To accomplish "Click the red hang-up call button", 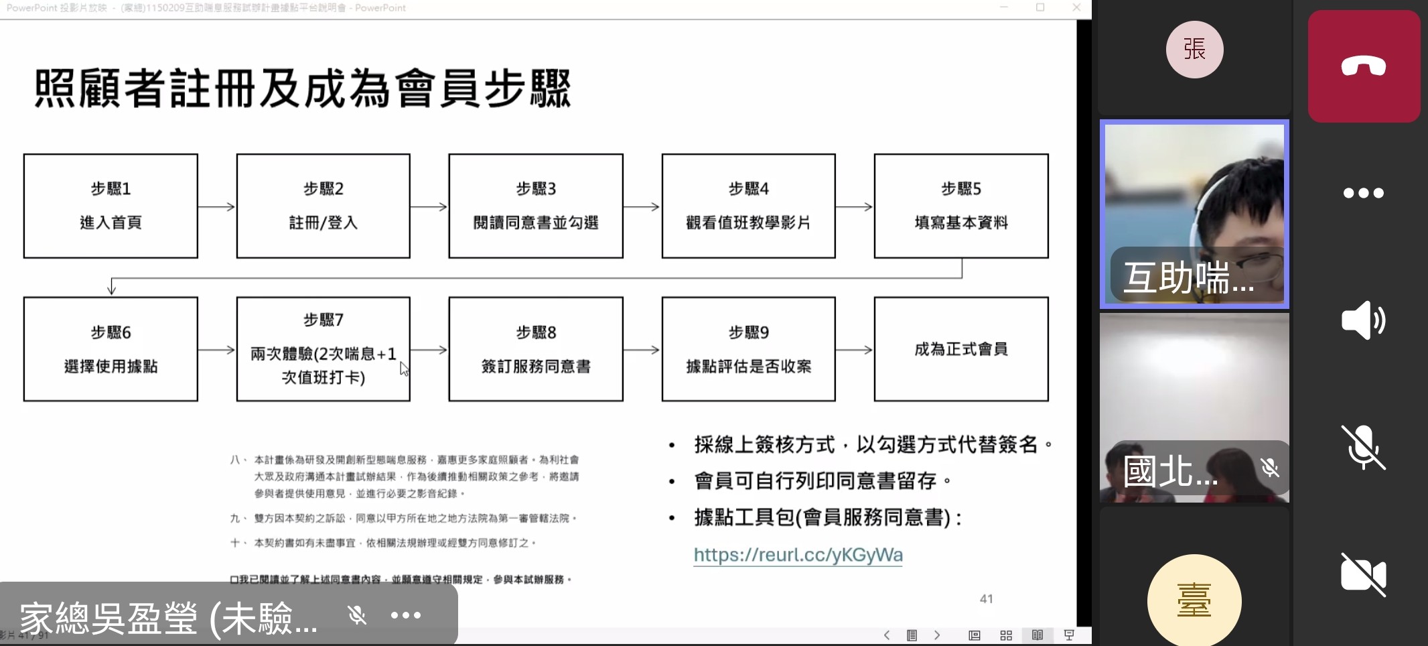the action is [x=1364, y=66].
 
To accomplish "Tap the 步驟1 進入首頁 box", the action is [x=111, y=206].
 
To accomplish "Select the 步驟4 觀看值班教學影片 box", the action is [x=748, y=206].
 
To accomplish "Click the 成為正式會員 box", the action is [x=961, y=349].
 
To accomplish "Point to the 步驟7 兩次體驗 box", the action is [x=323, y=349].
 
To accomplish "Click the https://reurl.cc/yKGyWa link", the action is [x=798, y=555].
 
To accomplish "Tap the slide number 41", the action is [x=986, y=599].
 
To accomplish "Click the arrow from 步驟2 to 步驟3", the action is [x=429, y=207].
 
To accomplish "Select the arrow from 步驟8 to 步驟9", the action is [x=642, y=350].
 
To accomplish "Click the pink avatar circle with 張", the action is [x=1194, y=50].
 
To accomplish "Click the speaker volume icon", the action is [x=1363, y=320].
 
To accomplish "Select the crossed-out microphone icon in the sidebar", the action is [x=1363, y=447].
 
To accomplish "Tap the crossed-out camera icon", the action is [x=1363, y=574].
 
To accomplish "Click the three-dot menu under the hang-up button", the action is [x=1363, y=193].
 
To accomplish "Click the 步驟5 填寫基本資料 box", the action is [x=961, y=206].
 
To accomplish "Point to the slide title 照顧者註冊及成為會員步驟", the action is [x=303, y=88].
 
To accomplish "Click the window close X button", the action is [x=1076, y=7].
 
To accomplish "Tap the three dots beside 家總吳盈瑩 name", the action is [x=406, y=615].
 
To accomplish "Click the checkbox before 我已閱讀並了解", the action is [x=234, y=580].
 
